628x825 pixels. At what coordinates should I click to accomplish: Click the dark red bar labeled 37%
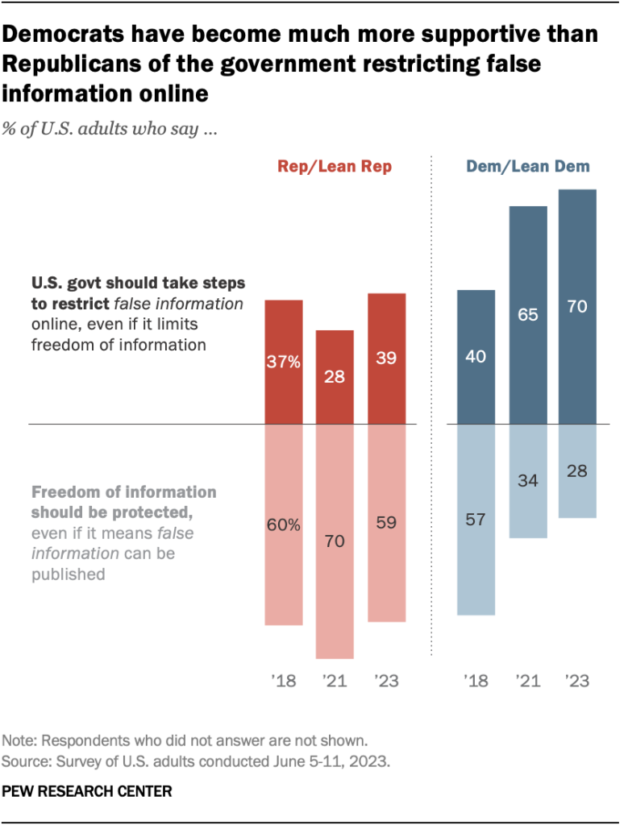coord(284,362)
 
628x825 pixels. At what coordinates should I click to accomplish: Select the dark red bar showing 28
coord(334,377)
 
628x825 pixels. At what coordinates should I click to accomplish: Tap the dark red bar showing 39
coord(386,359)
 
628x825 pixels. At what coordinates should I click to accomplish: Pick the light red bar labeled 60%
coord(284,524)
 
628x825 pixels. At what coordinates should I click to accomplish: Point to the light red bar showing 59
coord(386,523)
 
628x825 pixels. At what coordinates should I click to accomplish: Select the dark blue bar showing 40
coord(476,356)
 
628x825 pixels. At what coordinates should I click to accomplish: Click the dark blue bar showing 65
coord(527,315)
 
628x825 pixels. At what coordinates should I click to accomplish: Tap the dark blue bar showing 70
coord(578,306)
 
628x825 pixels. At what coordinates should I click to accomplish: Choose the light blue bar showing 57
coord(476,520)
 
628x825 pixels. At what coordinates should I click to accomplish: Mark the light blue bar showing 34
coord(527,481)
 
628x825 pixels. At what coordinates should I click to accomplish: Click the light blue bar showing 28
coord(578,471)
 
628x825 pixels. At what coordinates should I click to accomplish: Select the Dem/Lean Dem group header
coord(528,168)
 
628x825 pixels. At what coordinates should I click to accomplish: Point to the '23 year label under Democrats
coord(577,681)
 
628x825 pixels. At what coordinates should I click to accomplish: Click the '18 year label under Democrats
coord(475,681)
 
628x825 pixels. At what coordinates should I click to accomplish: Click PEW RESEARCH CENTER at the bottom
coord(88,791)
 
